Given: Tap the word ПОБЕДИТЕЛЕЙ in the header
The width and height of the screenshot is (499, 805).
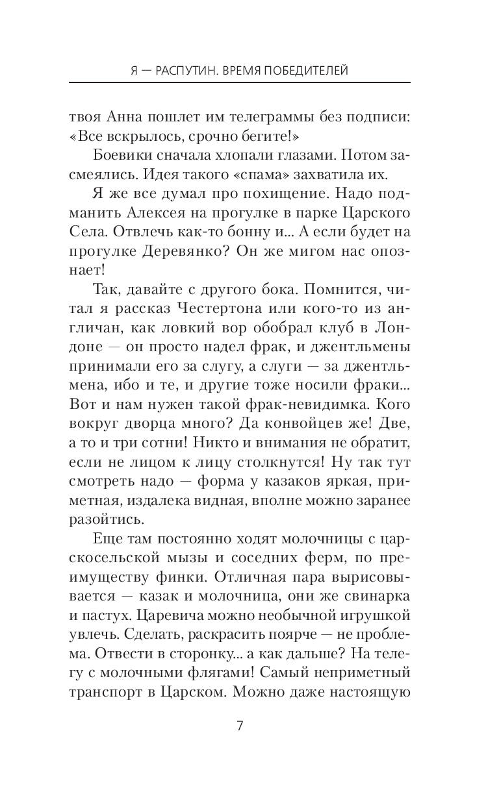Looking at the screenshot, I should coord(306,70).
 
